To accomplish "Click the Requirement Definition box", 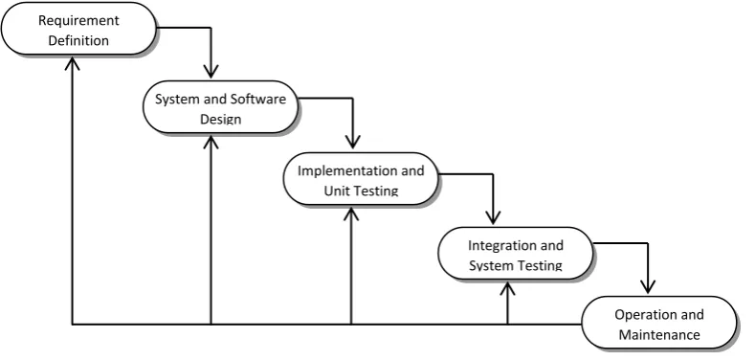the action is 79,29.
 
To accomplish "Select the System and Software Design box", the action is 220,107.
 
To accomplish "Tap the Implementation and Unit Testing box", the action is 361,179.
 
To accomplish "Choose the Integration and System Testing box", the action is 516,254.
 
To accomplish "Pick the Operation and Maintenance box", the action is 659,323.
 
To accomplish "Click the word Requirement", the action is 78,21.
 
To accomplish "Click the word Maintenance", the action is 659,334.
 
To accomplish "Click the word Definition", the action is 78,40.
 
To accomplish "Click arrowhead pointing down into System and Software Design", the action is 211,71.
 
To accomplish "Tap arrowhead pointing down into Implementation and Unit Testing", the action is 352,142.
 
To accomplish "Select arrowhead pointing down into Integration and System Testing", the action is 493,217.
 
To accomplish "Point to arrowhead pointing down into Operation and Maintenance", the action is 648,286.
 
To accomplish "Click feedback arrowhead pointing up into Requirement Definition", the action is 72,63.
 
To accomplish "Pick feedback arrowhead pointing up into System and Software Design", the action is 211,141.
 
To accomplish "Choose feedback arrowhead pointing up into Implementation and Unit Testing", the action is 351,214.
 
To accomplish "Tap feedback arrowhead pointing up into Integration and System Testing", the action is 507,288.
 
